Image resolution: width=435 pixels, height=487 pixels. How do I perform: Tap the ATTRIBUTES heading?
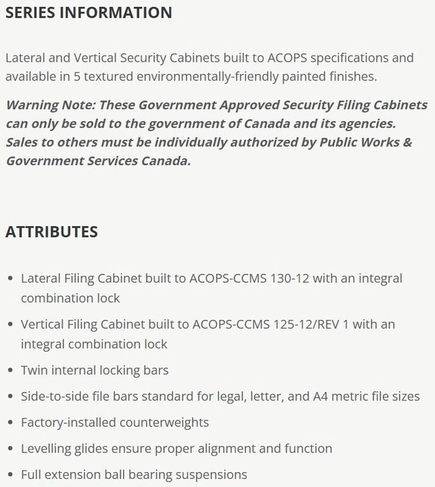click(52, 232)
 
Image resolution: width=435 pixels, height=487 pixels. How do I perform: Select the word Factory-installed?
click(68, 422)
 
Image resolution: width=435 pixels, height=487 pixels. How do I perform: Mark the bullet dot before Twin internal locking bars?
click(10, 372)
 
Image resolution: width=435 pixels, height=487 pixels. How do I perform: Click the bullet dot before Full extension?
click(10, 475)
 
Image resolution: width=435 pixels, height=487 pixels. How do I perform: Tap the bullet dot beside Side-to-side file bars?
click(10, 397)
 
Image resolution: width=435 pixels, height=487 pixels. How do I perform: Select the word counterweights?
click(164, 422)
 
